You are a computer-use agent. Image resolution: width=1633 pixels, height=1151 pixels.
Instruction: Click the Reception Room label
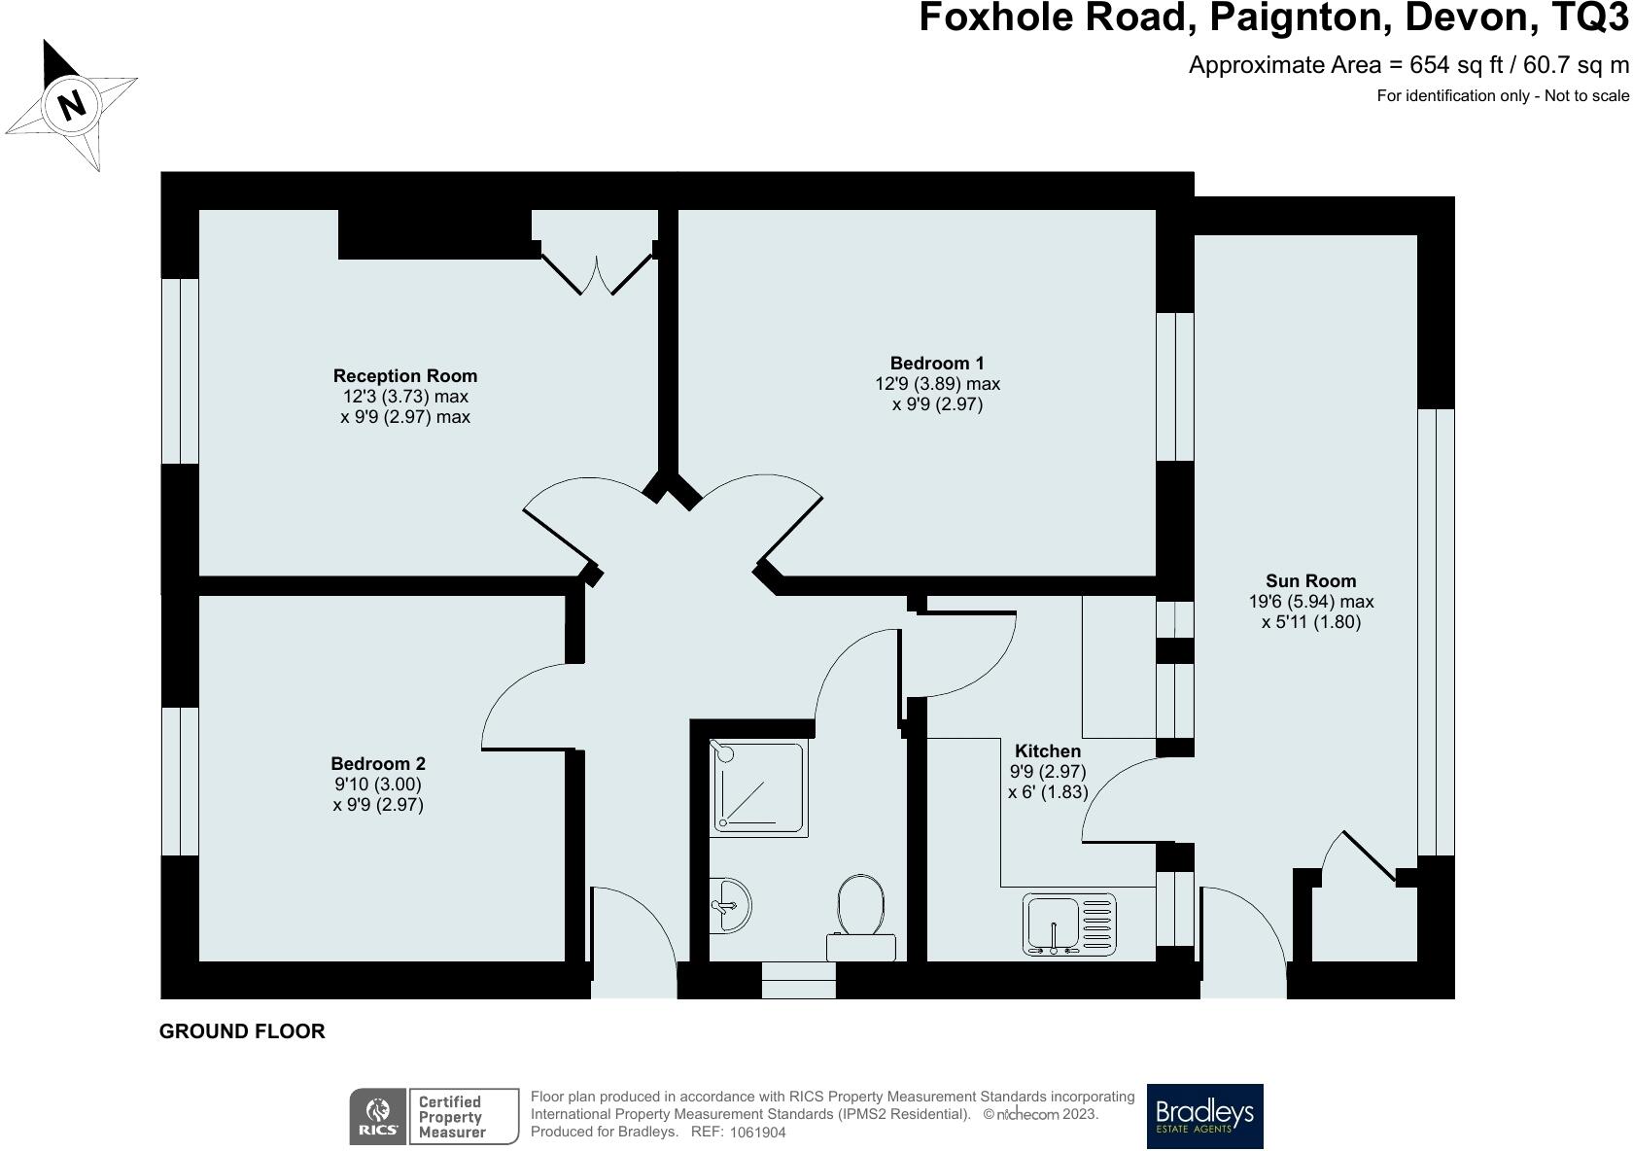405,376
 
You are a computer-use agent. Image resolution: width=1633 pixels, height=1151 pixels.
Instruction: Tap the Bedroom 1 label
937,363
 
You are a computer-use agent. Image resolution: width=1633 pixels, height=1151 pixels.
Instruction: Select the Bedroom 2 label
377,764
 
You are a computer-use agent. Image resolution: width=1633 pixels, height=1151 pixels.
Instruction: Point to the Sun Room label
1310,581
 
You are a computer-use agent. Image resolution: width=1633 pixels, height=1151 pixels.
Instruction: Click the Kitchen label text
1048,750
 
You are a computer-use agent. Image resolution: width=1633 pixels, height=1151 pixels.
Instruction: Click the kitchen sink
1069,924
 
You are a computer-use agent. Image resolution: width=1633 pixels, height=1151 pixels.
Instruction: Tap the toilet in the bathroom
861,917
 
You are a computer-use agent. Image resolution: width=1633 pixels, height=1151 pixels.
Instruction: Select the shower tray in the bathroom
759,788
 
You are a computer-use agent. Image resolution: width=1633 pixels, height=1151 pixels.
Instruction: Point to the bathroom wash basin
730,905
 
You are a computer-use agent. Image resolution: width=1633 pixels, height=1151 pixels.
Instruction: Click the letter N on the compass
71,105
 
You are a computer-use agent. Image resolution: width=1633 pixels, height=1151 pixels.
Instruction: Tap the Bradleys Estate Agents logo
1204,1116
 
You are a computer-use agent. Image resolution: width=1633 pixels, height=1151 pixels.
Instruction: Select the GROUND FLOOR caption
242,1031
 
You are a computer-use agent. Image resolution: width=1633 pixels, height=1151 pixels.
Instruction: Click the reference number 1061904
757,1133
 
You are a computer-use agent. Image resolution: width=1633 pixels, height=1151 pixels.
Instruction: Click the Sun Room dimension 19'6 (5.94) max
1310,602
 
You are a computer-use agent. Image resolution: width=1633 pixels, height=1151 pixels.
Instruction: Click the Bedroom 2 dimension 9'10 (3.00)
377,785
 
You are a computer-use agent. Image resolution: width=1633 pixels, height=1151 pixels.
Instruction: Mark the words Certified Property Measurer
451,1117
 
